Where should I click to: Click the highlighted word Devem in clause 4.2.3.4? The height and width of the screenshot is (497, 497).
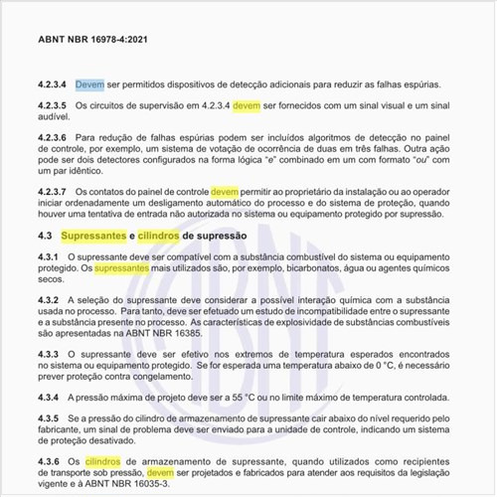click(89, 83)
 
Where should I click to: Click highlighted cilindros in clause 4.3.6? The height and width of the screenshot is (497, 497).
click(103, 462)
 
